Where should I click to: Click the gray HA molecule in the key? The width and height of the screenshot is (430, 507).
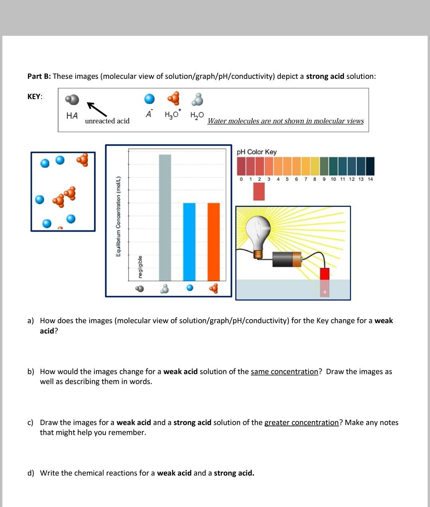pos(72,99)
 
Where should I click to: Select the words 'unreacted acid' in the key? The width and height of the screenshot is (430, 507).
pos(107,121)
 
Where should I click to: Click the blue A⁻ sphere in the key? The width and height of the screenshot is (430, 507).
pos(149,99)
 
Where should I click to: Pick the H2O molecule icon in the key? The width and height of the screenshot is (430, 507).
pos(197,99)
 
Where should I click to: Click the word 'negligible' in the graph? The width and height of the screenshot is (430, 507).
pos(140,267)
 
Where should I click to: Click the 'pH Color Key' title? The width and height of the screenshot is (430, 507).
pos(256,152)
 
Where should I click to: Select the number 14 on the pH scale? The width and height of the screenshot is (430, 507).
pos(370,179)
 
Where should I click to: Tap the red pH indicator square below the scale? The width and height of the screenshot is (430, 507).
pos(259,191)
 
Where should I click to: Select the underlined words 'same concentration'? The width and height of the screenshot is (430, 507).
pos(284,372)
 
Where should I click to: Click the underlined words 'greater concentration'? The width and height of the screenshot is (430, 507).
pos(301,423)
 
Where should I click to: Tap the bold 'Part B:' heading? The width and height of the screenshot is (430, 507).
pos(39,76)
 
